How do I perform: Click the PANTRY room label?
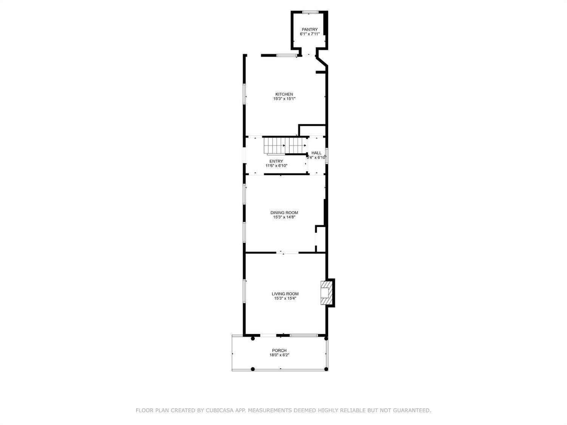pyautogui.click(x=310, y=29)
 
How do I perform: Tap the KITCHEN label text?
pyautogui.click(x=284, y=94)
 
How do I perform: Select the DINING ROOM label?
pyautogui.click(x=284, y=213)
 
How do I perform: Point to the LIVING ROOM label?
pyautogui.click(x=285, y=294)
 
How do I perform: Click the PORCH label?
pyautogui.click(x=279, y=351)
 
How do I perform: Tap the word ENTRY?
pyautogui.click(x=276, y=161)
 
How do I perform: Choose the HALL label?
pyautogui.click(x=316, y=153)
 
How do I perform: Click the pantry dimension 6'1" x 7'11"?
pyautogui.click(x=310, y=34)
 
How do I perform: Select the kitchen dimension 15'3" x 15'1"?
pyautogui.click(x=284, y=99)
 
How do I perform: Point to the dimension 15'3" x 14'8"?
pyautogui.click(x=284, y=217)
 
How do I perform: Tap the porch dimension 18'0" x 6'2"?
pyautogui.click(x=279, y=355)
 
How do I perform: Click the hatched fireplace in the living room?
pyautogui.click(x=326, y=293)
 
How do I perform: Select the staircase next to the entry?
pyautogui.click(x=285, y=146)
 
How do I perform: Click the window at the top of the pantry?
pyautogui.click(x=310, y=12)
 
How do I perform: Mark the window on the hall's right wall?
pyautogui.click(x=327, y=156)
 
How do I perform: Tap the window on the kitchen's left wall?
pyautogui.click(x=244, y=94)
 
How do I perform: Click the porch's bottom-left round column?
pyautogui.click(x=253, y=369)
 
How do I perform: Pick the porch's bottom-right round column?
pyautogui.click(x=326, y=369)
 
